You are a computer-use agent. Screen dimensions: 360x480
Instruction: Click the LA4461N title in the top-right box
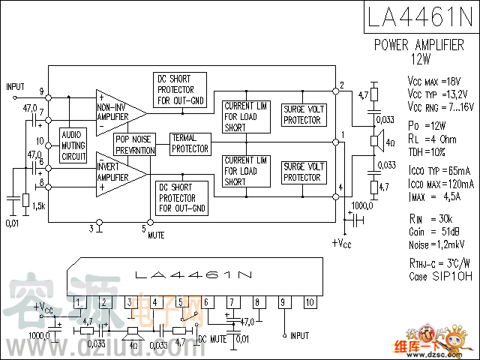point(421,16)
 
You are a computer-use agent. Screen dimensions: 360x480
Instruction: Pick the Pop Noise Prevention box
point(135,144)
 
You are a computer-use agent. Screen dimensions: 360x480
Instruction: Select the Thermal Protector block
point(190,143)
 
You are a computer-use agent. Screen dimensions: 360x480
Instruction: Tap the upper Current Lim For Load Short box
point(245,116)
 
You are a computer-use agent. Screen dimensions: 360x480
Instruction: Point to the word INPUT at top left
point(16,87)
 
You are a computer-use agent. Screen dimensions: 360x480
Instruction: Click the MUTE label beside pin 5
point(156,235)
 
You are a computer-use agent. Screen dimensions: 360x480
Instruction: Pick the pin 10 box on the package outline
point(308,302)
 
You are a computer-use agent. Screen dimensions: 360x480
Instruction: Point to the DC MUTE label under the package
point(212,340)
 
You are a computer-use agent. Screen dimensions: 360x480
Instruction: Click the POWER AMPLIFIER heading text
point(419,45)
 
